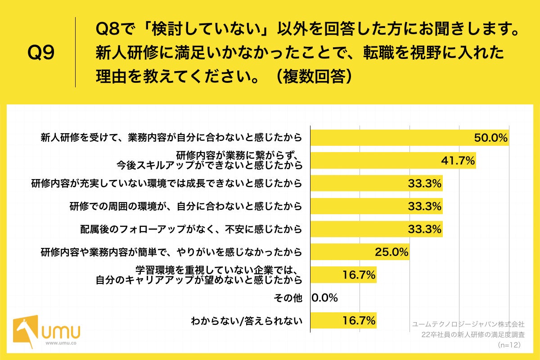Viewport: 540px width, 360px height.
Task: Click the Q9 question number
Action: tap(41, 53)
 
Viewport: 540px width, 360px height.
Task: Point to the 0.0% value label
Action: tap(324, 297)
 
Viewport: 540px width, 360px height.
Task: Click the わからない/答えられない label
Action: tap(246, 321)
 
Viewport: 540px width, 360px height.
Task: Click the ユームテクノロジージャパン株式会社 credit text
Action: tap(468, 324)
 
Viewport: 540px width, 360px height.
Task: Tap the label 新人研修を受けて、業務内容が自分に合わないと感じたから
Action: tap(171, 138)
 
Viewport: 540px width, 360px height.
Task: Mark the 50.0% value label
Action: tap(490, 138)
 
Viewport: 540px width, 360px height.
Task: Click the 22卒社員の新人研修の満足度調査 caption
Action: tap(473, 334)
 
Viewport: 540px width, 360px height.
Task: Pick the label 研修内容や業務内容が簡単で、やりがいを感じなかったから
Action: tap(171, 252)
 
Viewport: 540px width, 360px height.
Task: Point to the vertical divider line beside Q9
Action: tap(75, 52)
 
